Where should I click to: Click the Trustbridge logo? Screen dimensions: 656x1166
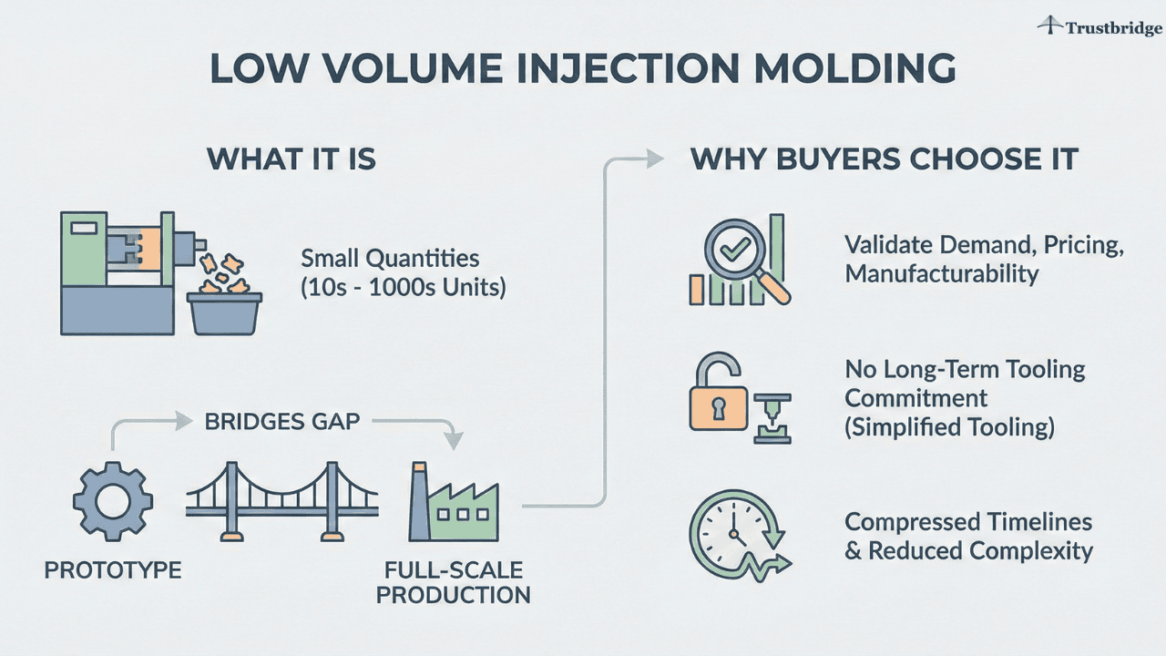tap(1099, 27)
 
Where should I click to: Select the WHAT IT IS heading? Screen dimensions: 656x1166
tap(291, 159)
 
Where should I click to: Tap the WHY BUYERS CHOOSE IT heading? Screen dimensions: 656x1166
tap(885, 159)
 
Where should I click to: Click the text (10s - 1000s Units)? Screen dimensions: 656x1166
tap(403, 287)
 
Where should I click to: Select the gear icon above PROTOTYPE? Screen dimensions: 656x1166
tap(112, 501)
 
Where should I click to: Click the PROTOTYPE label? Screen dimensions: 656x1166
tap(113, 571)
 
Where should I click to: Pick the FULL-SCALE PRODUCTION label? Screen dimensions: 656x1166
tap(453, 583)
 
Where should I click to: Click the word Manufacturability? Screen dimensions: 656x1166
tap(941, 273)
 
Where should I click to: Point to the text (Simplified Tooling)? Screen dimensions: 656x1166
tap(949, 426)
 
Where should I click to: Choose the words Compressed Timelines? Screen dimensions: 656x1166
tap(967, 522)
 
